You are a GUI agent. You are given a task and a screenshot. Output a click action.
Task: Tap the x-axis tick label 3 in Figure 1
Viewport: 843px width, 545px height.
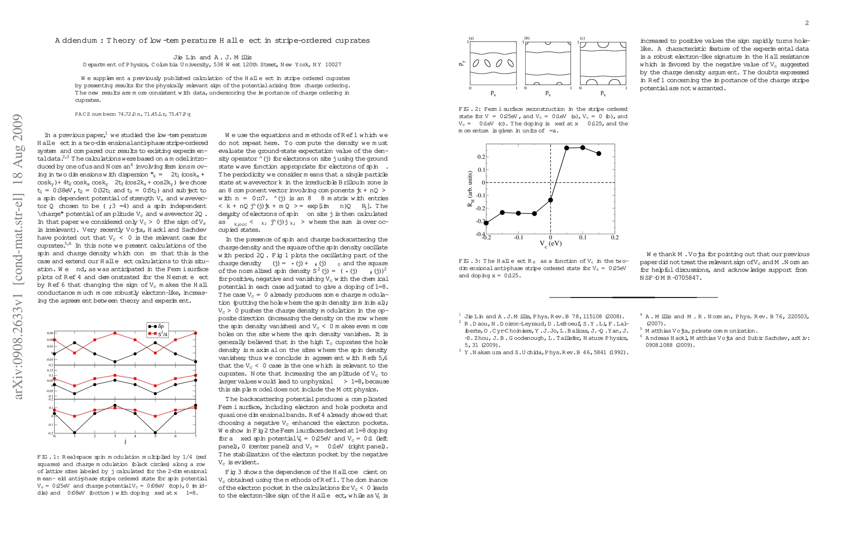115,436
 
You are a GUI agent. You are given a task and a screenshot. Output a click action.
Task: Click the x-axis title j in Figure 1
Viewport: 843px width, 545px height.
125,441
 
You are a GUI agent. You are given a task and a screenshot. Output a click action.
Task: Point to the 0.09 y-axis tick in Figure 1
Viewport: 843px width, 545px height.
50,333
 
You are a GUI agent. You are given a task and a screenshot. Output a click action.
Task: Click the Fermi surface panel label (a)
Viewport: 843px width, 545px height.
472,38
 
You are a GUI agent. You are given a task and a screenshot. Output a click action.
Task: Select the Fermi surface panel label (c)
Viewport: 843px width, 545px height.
582,38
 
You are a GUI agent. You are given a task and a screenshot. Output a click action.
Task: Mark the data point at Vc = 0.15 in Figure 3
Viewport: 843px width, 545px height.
598,154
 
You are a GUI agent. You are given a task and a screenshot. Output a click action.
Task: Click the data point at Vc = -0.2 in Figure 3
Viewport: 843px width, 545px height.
486,223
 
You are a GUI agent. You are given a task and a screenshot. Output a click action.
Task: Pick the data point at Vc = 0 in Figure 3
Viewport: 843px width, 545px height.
551,200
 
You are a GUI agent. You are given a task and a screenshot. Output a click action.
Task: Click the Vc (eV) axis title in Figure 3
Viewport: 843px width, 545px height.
551,243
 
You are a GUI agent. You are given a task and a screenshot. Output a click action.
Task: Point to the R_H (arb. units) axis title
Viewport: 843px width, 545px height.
470,189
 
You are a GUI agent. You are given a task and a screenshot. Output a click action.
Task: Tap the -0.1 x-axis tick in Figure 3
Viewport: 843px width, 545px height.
518,237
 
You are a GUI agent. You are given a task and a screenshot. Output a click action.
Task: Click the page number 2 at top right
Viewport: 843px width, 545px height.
807,23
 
